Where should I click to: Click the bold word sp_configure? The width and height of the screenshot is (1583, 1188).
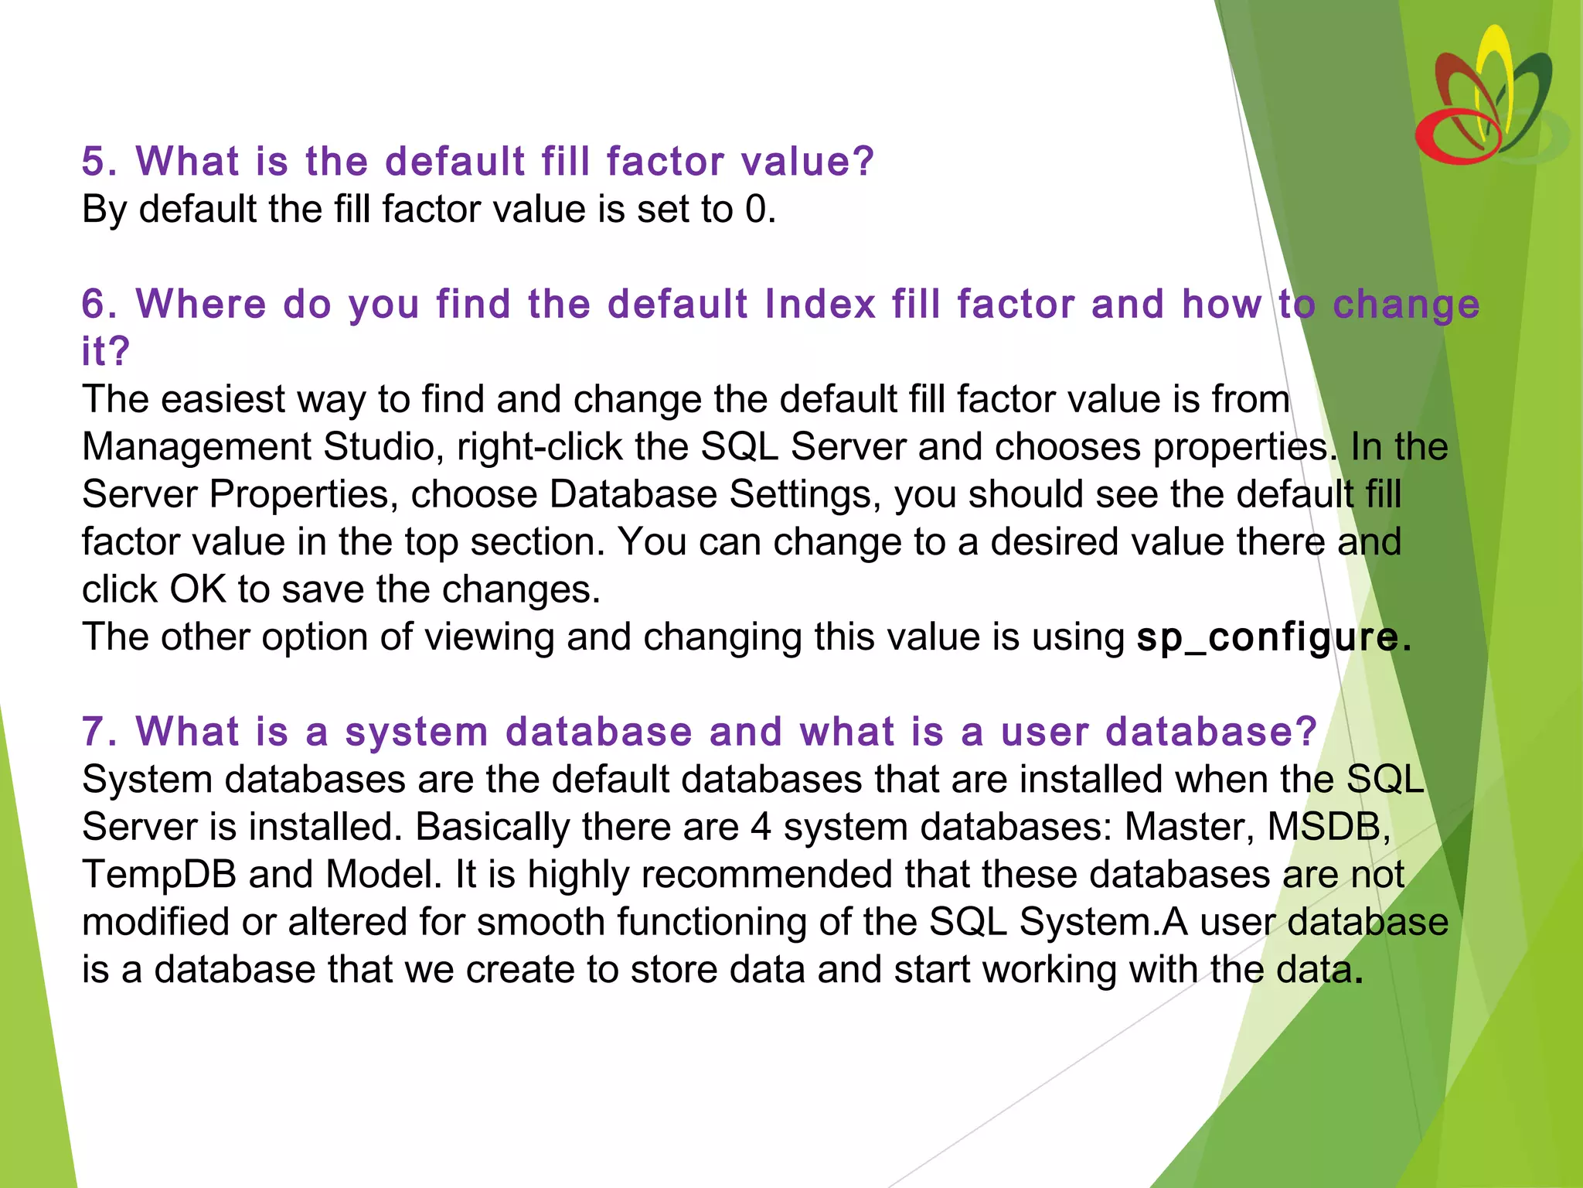(1268, 637)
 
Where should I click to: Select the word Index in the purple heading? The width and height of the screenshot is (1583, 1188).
(820, 304)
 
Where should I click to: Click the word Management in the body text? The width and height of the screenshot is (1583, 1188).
(196, 447)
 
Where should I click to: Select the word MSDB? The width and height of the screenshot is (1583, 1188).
(1323, 827)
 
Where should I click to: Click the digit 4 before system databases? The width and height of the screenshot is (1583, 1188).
(761, 827)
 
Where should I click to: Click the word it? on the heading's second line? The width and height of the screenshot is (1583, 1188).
(105, 352)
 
